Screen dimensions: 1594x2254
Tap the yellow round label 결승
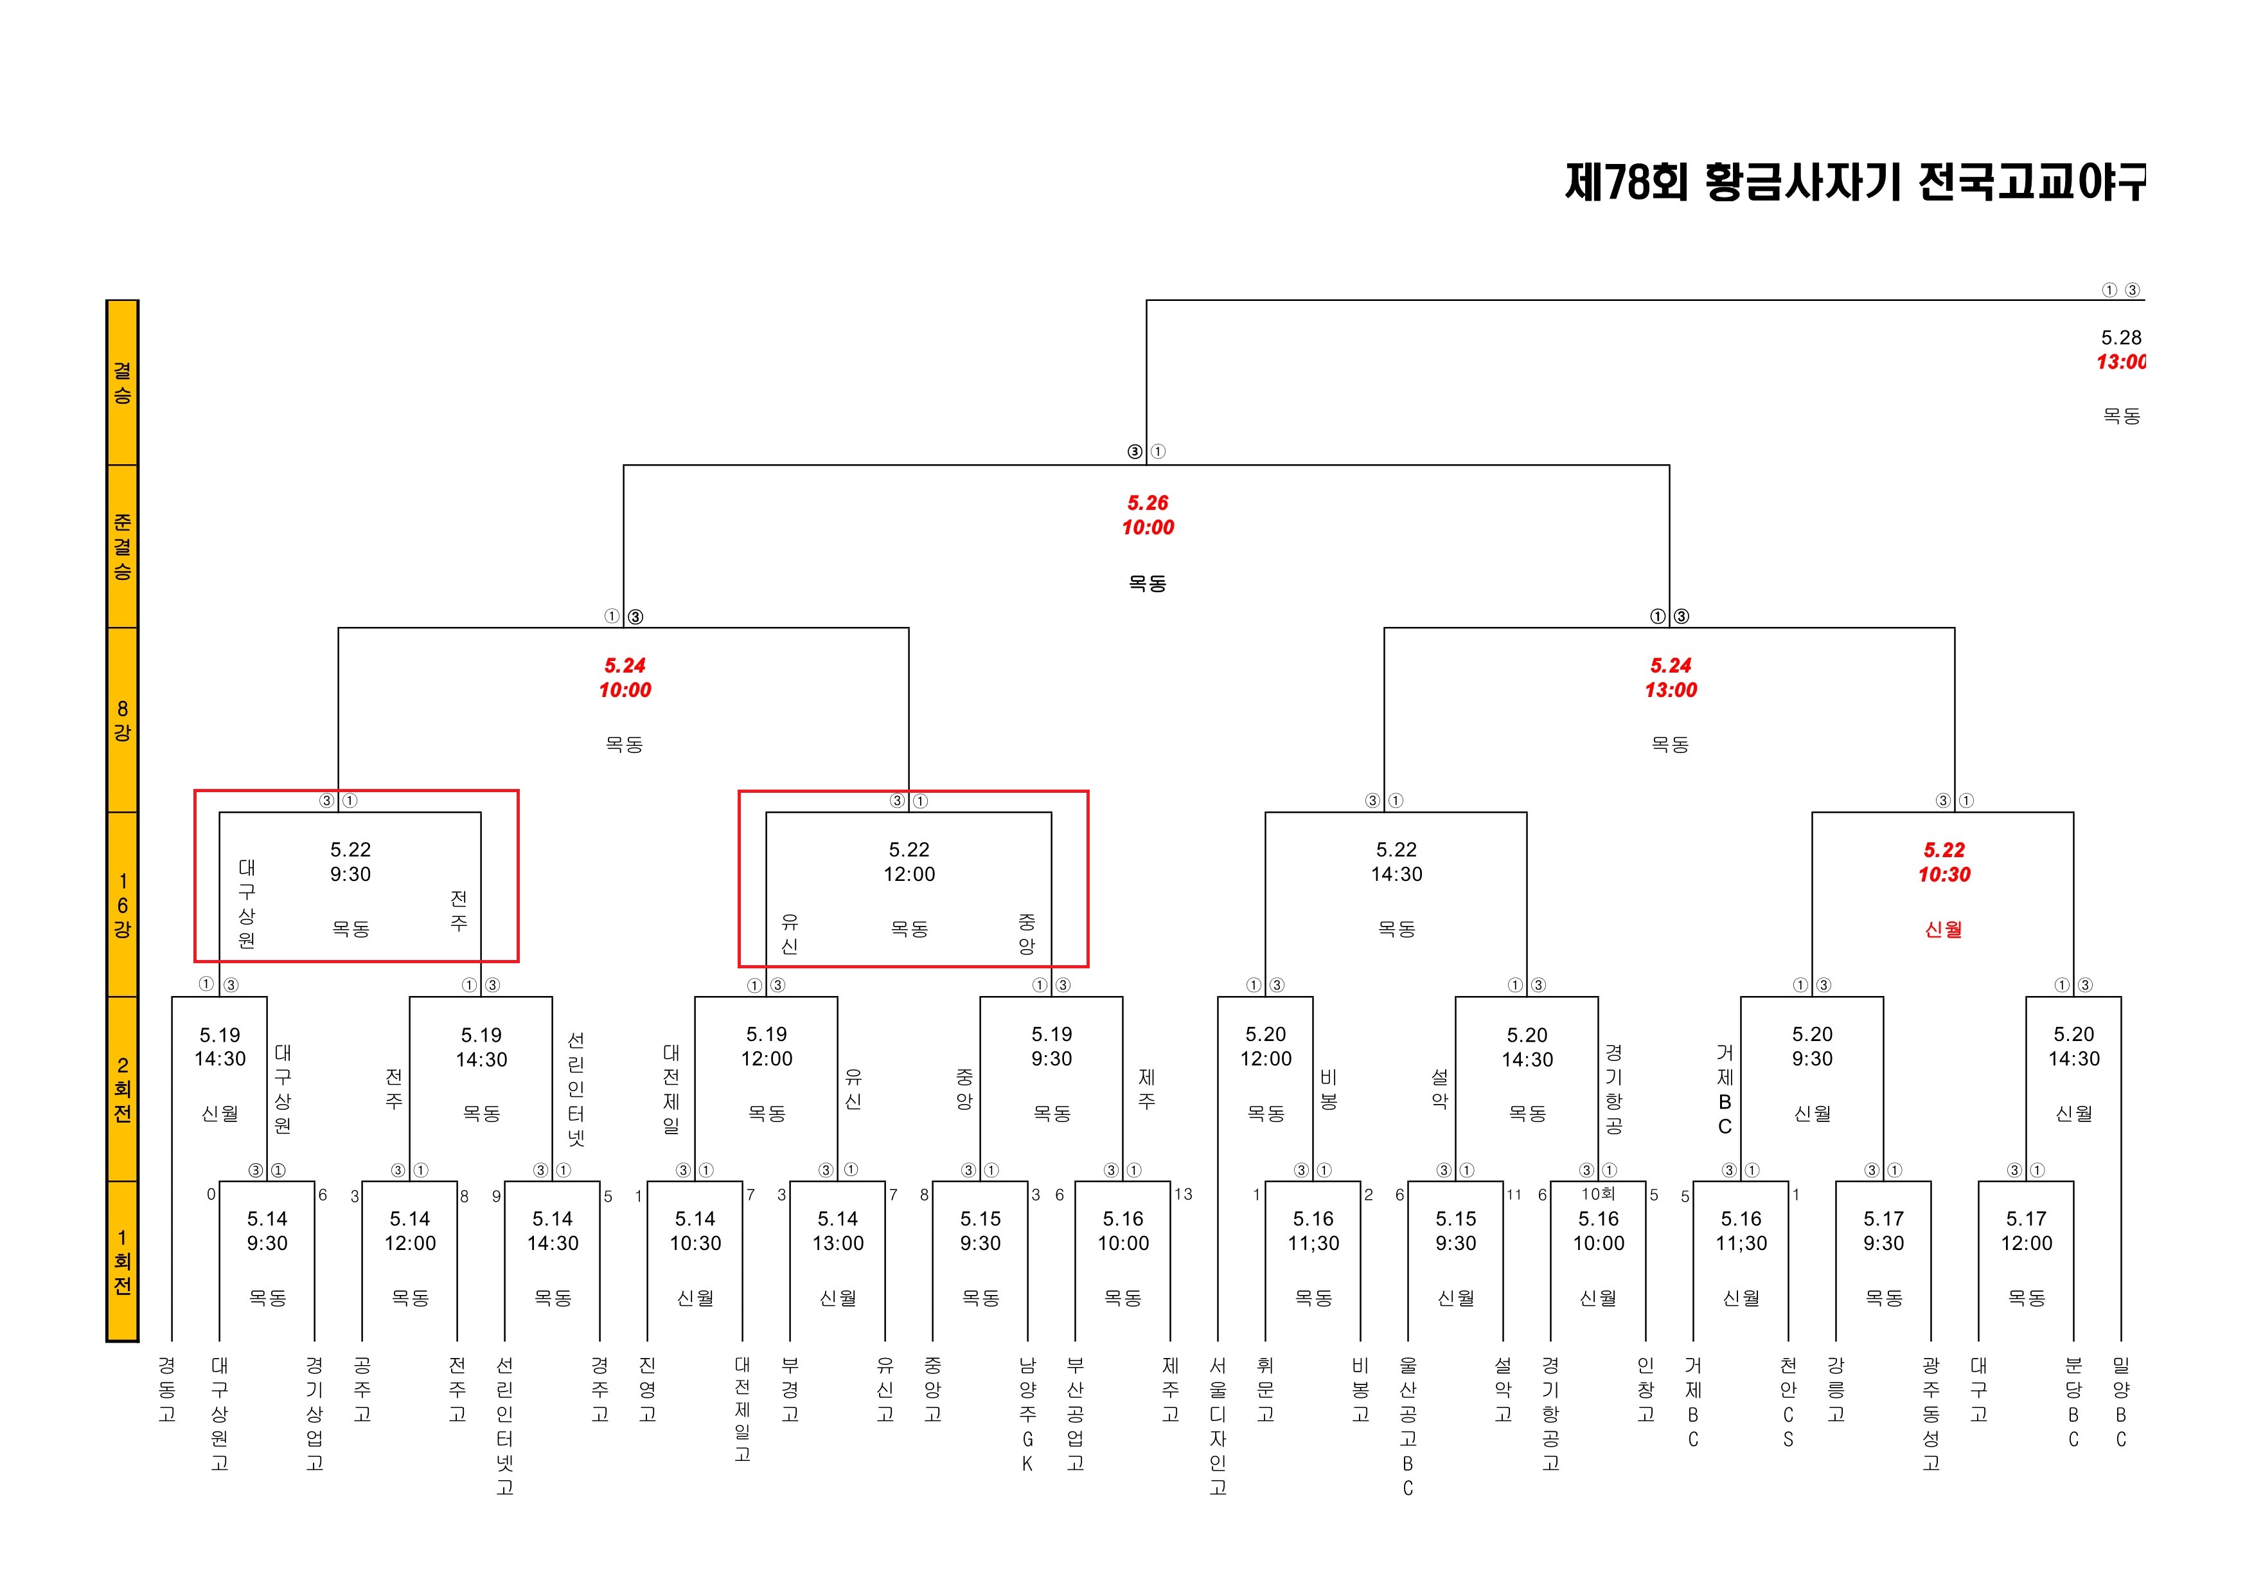point(121,383)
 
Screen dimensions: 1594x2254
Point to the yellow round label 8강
point(121,720)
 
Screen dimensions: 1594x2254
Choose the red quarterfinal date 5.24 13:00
point(1670,678)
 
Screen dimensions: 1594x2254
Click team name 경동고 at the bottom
point(167,1389)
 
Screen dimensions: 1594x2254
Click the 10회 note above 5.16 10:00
point(1597,1193)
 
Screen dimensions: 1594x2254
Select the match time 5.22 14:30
point(1396,862)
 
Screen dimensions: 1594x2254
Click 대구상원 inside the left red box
point(246,903)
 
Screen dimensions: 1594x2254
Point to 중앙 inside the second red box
point(1027,933)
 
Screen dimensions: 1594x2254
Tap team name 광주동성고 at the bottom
point(1931,1413)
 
